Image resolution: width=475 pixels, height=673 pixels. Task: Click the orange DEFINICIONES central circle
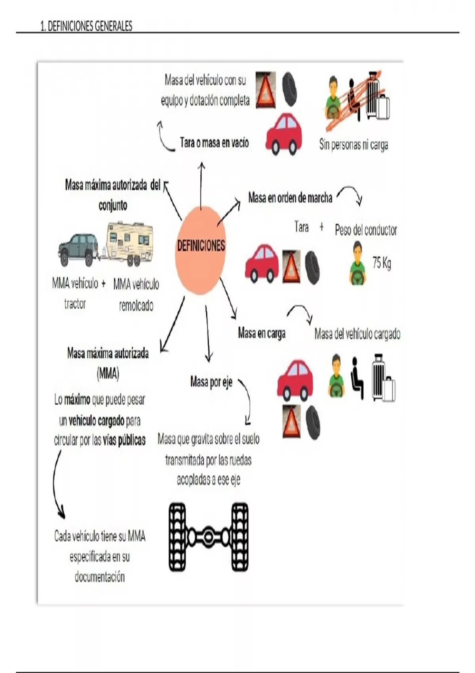point(201,249)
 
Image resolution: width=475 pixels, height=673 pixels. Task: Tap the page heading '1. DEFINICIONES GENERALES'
point(86,27)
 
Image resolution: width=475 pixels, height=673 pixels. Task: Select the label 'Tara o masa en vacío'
point(214,143)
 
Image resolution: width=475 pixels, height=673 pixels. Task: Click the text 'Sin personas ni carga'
point(353,145)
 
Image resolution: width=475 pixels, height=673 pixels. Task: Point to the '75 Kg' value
point(382,263)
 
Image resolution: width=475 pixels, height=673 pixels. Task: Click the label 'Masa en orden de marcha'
point(290,198)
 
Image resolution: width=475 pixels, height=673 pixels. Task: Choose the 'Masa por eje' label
point(211,382)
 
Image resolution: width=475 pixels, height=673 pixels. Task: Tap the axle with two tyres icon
point(209,537)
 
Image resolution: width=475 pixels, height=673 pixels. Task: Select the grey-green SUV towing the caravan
point(78,249)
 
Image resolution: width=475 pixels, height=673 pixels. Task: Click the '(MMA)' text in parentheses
point(108,374)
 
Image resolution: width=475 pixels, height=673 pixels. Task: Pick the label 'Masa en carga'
point(262,333)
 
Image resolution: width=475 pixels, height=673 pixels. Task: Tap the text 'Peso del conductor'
point(366,230)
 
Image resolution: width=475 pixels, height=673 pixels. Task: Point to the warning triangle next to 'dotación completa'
point(266,90)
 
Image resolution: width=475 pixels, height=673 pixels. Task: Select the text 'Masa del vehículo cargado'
point(357,334)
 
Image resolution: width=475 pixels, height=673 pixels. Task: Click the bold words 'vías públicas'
point(124,440)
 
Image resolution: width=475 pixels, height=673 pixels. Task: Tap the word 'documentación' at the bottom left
point(100,577)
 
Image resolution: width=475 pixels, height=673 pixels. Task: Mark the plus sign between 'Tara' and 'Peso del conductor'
point(321,227)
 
